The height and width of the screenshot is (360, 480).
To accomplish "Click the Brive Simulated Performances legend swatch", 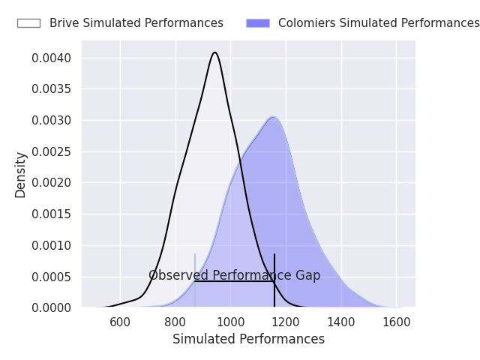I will [28, 23].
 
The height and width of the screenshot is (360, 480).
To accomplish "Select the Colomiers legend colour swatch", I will [257, 23].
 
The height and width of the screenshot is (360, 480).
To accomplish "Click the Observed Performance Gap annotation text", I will [234, 275].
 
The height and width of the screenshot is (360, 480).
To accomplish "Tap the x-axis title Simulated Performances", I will [248, 339].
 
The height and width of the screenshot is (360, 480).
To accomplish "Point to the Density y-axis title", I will [21, 175].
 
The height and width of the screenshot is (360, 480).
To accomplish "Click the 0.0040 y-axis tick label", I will [52, 58].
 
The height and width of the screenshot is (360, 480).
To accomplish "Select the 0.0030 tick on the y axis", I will [52, 120].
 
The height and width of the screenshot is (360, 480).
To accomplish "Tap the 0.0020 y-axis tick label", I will [52, 183].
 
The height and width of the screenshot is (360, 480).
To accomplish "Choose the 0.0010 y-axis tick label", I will [52, 245].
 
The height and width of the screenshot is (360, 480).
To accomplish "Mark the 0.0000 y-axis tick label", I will [52, 307].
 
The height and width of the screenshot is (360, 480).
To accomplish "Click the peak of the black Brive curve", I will [215, 52].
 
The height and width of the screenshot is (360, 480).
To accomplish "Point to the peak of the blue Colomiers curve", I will [274, 117].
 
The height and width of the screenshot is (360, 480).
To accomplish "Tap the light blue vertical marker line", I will [195, 292].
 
